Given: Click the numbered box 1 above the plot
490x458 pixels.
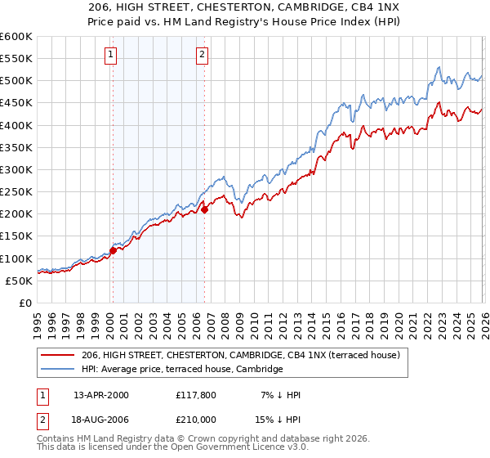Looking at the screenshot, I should [110, 56].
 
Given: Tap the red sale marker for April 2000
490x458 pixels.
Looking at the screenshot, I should [113, 250].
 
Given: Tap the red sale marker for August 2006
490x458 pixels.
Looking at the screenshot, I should [205, 209].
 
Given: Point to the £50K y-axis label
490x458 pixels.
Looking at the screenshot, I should [19, 281].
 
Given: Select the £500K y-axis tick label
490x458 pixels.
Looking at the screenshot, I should [16, 81].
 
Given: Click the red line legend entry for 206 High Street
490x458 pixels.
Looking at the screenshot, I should [240, 355].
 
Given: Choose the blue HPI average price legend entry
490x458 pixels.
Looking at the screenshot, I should [181, 370].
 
